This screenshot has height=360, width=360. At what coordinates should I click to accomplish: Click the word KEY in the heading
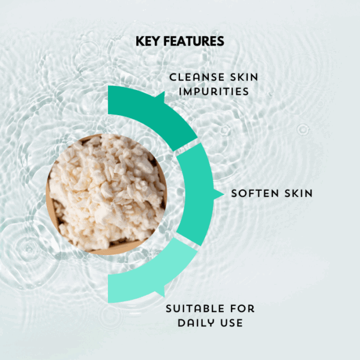pyautogui.click(x=149, y=41)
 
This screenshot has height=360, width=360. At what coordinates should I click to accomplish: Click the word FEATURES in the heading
pyautogui.click(x=194, y=41)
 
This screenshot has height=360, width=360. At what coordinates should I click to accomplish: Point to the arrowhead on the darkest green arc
pyautogui.click(x=159, y=96)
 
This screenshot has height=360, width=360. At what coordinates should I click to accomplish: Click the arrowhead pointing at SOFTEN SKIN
pyautogui.click(x=218, y=194)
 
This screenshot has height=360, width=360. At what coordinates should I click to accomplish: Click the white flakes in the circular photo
pyautogui.click(x=105, y=186)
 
